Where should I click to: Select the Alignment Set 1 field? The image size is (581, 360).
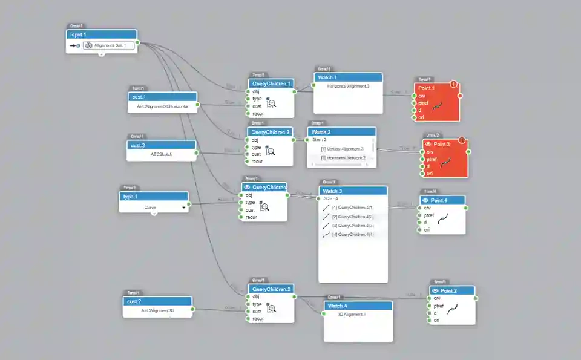point(109,45)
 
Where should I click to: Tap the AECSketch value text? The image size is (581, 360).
point(162,154)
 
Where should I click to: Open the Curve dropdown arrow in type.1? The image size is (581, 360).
point(183,207)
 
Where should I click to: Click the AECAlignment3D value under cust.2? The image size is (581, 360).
point(157,310)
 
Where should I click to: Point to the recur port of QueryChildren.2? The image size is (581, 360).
point(248,318)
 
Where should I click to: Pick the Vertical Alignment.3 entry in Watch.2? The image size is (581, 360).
point(343,149)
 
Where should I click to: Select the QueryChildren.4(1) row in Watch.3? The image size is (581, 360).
point(353,208)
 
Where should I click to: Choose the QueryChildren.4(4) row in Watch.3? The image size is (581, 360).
point(353,234)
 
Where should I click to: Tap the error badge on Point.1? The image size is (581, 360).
point(454,85)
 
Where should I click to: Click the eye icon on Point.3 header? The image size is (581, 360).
point(428,144)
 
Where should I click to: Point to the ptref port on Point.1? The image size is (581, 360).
point(415,103)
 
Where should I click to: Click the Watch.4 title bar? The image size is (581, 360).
point(358,306)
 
